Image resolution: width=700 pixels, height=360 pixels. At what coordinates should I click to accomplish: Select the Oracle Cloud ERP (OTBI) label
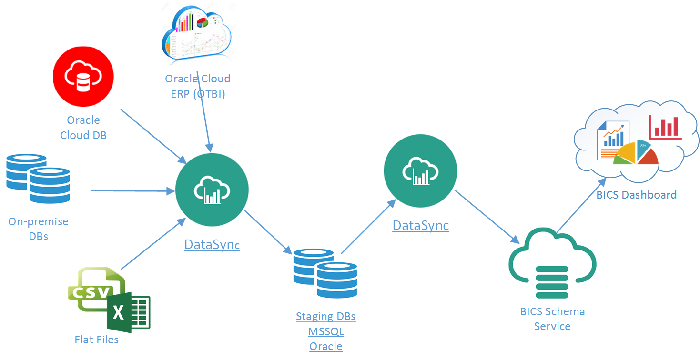click(x=197, y=86)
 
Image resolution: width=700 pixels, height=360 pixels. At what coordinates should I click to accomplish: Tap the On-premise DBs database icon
click(x=38, y=178)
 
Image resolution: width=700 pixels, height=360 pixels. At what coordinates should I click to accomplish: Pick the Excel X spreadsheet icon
click(x=128, y=312)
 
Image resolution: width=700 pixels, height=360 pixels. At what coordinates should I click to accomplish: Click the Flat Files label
click(x=96, y=340)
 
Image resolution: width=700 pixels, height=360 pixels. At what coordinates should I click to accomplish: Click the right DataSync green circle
click(x=420, y=170)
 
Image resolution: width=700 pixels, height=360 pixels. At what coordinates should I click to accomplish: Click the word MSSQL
click(x=325, y=331)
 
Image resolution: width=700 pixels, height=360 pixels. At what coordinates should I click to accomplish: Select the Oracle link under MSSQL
click(x=325, y=346)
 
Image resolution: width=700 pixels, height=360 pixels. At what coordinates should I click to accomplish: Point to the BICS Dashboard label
click(x=636, y=194)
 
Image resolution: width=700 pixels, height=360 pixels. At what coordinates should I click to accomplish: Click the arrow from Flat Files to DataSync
click(x=152, y=244)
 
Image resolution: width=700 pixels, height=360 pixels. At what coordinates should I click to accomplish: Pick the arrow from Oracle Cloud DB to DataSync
click(x=152, y=135)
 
